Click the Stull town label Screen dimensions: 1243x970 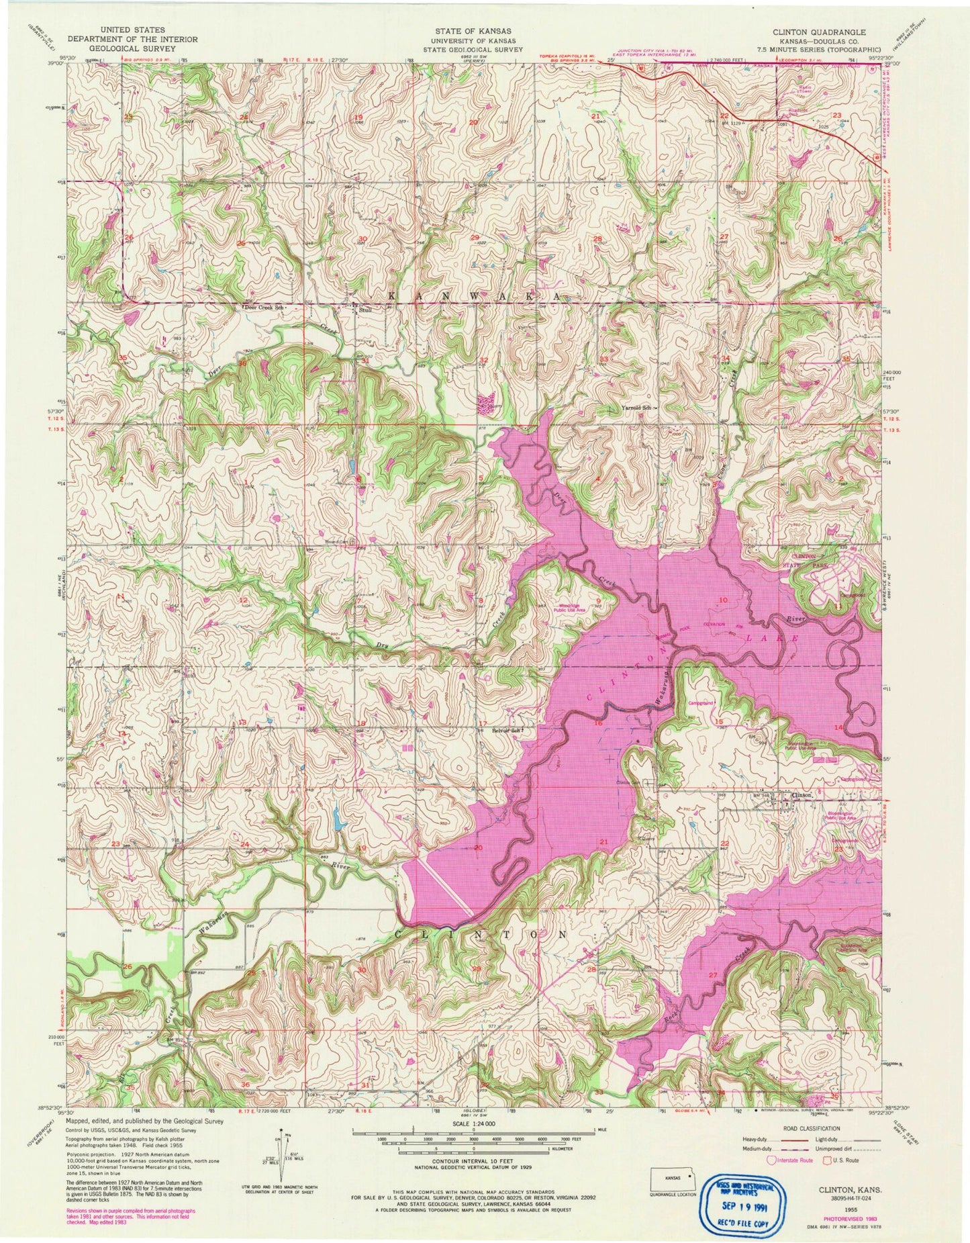coord(365,310)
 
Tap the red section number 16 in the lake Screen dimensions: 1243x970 coord(597,723)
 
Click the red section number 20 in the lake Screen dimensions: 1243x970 coord(478,847)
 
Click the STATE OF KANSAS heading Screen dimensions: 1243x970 coord(473,31)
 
